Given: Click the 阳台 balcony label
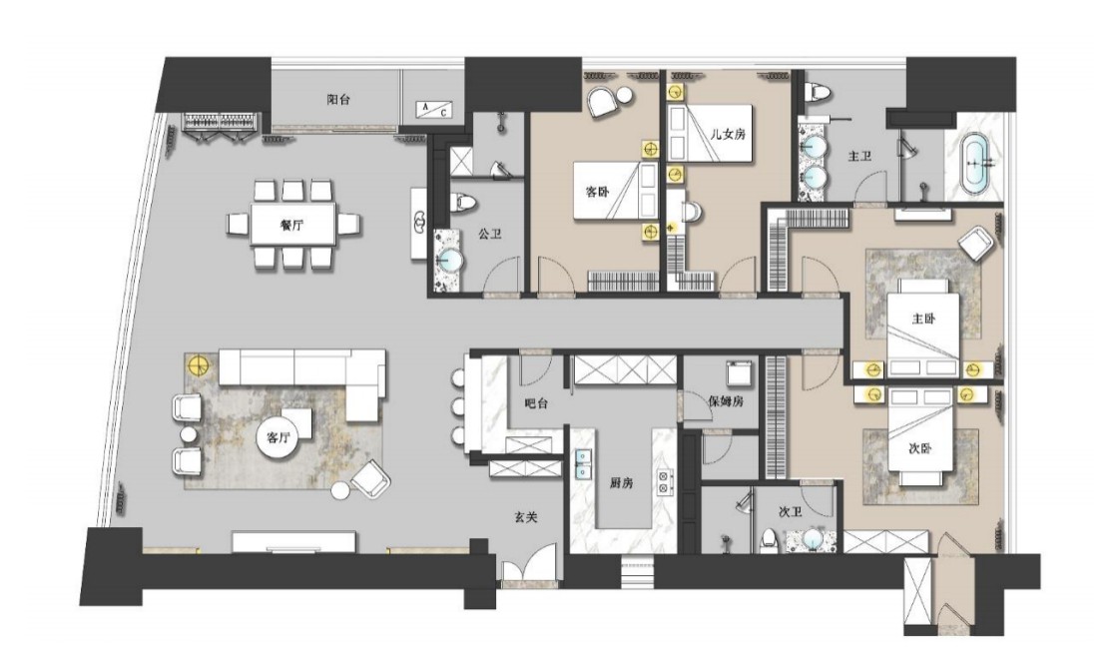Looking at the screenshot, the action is (338, 100).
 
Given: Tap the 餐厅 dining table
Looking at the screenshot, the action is (292, 225).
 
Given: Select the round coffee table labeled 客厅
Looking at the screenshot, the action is (279, 438).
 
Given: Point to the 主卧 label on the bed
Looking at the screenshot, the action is (923, 319).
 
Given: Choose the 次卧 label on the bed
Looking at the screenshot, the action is (920, 448).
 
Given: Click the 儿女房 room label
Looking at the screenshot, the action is (728, 133).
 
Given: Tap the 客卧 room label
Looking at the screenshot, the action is (597, 192).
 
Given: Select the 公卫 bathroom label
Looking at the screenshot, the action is (490, 233).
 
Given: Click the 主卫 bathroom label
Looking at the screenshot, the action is (859, 155).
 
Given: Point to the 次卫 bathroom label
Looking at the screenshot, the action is (790, 511).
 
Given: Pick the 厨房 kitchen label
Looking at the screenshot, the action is (621, 483).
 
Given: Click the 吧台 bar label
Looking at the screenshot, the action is (536, 402).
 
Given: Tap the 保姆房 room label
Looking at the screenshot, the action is (726, 400).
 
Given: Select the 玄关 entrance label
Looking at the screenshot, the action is (525, 517).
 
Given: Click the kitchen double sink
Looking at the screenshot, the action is (583, 463).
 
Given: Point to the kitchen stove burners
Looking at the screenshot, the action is (665, 482).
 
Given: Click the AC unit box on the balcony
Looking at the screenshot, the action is (434, 109).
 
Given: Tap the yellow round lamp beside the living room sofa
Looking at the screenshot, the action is (199, 365).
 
